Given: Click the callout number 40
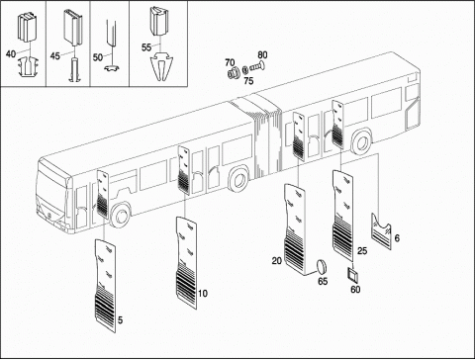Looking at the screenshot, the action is [x=11, y=53].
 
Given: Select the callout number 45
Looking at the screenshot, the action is [x=55, y=55].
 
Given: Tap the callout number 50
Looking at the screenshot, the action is [x=98, y=57].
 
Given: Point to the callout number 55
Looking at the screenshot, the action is [x=146, y=47].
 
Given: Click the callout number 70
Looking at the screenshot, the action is [x=230, y=62].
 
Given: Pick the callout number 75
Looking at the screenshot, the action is [x=248, y=81].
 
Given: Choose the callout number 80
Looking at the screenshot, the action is [x=262, y=54].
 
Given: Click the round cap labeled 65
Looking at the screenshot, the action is [x=322, y=267].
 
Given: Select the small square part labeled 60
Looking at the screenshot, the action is [x=353, y=275].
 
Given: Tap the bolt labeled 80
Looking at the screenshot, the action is [x=257, y=66].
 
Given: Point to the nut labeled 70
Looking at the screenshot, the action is [x=234, y=73].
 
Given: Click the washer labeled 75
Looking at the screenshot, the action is [x=245, y=69].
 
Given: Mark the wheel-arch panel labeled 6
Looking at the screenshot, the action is [x=382, y=231].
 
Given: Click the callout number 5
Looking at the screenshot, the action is [x=120, y=319].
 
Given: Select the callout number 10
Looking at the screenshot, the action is [x=203, y=293].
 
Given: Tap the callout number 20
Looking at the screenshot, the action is [x=277, y=261].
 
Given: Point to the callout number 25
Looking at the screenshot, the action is [x=362, y=251].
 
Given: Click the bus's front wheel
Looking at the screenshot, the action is [x=120, y=215].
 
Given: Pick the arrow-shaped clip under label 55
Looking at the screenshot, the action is [x=160, y=67].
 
